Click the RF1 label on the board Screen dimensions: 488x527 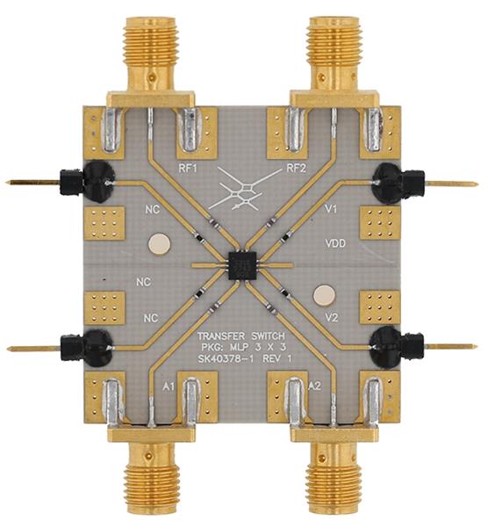pos(188,169)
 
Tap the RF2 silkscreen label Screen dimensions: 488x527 pos(297,168)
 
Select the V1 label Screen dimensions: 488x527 pos(331,209)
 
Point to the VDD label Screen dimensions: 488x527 pos(335,243)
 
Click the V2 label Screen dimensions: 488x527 pos(332,318)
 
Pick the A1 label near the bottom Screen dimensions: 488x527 pos(169,386)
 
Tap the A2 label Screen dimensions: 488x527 pos(314,386)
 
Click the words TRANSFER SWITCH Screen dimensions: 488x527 pos(241,336)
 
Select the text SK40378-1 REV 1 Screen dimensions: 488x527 pos(245,358)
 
